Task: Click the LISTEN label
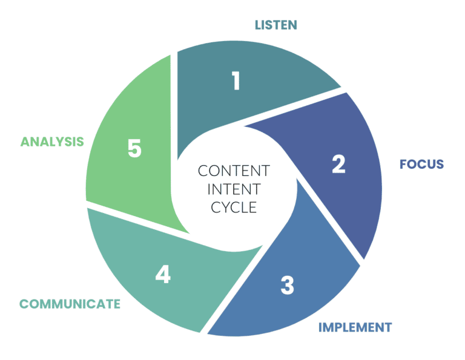pyautogui.click(x=275, y=25)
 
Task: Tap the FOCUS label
pyautogui.click(x=421, y=164)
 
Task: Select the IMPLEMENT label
pyautogui.click(x=355, y=327)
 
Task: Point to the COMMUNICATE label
pyautogui.click(x=70, y=304)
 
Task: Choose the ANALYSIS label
pyautogui.click(x=51, y=142)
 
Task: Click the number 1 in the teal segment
pyautogui.click(x=236, y=81)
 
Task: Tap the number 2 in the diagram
pyautogui.click(x=338, y=163)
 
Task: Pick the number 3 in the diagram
pyautogui.click(x=287, y=285)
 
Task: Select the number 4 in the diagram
pyautogui.click(x=162, y=275)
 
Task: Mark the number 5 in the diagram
pyautogui.click(x=134, y=148)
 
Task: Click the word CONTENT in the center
pyautogui.click(x=234, y=171)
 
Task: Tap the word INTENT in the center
pyautogui.click(x=234, y=189)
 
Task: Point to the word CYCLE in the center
pyautogui.click(x=234, y=207)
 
